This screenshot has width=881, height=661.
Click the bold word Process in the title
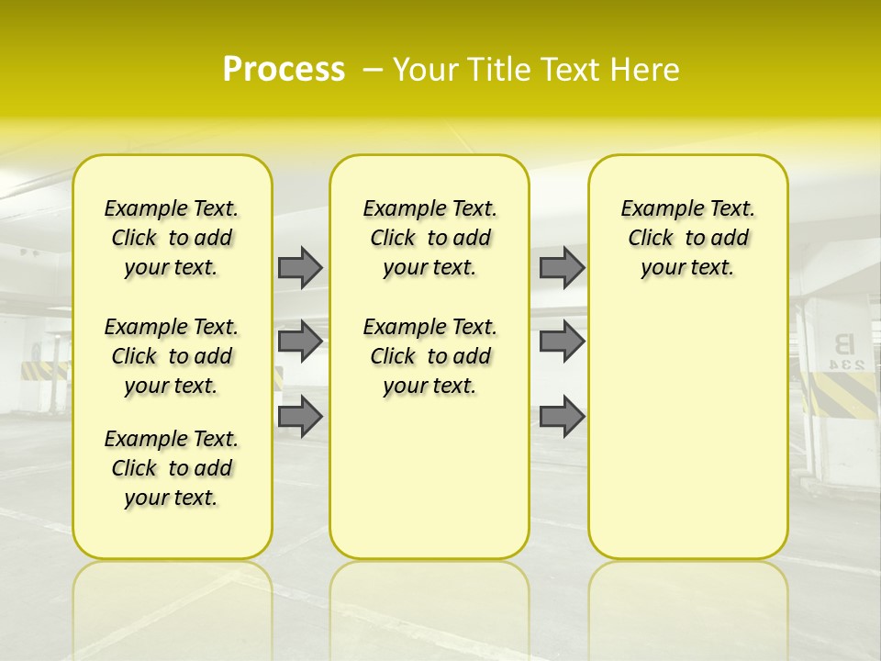click(x=284, y=70)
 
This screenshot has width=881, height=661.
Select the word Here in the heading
click(x=645, y=70)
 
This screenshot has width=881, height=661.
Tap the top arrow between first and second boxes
click(x=300, y=268)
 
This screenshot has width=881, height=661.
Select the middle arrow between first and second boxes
click(x=300, y=342)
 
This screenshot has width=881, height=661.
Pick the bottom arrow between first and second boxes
click(x=300, y=416)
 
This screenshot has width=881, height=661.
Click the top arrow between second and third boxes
click(x=562, y=268)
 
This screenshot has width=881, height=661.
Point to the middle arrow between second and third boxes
click(x=562, y=342)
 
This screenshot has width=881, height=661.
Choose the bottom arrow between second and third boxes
click(x=562, y=416)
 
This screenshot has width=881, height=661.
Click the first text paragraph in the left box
click(x=172, y=238)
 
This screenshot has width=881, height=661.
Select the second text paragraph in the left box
click(x=172, y=356)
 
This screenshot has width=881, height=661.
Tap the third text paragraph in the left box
click(x=172, y=468)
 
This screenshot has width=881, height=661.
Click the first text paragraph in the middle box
click(x=429, y=238)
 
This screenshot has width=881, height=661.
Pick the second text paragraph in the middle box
click(x=429, y=356)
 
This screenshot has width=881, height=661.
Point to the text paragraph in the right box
click(x=687, y=238)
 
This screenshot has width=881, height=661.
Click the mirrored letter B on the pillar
click(x=843, y=344)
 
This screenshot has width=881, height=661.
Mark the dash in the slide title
click(x=373, y=70)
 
